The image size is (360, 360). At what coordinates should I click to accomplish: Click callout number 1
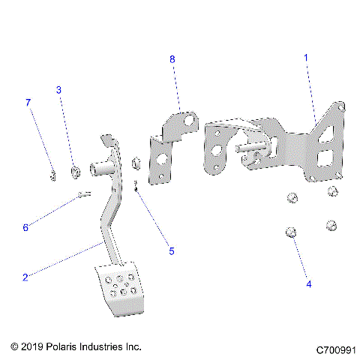coord(305,57)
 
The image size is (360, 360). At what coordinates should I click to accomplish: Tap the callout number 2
coord(25,277)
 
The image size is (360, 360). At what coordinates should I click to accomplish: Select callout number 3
coord(59,90)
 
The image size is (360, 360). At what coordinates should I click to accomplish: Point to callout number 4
coord(307,284)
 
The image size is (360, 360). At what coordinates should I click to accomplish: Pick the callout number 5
coord(171,251)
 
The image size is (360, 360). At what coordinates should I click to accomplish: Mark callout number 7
coord(28,101)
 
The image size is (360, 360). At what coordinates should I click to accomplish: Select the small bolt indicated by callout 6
coord(83,196)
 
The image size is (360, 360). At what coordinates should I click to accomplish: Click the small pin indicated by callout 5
coord(135,185)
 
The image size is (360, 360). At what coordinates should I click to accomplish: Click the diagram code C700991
coord(334,350)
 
